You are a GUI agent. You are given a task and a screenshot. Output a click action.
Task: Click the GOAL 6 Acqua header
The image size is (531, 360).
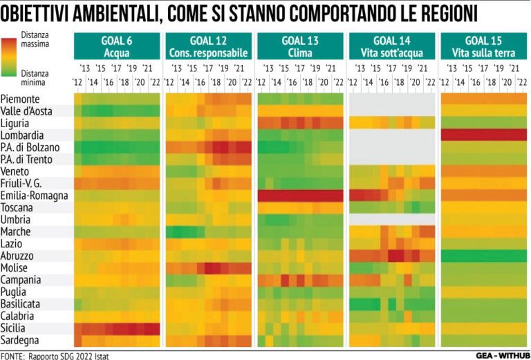click(x=117, y=46)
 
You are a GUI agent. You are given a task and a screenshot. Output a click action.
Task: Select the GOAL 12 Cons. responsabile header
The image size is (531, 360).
click(x=208, y=46)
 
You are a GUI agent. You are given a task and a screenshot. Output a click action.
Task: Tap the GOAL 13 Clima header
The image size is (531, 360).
click(x=300, y=46)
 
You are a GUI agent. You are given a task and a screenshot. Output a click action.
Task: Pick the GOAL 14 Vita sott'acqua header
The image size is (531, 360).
click(x=392, y=46)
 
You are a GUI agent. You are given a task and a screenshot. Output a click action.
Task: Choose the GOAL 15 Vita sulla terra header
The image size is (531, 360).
click(x=483, y=46)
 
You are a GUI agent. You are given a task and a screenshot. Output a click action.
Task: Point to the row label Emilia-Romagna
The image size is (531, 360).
click(x=35, y=196)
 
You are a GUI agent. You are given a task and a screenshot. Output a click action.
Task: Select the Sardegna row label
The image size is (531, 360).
click(x=21, y=340)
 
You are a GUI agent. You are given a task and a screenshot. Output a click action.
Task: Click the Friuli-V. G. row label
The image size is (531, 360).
click(x=26, y=183)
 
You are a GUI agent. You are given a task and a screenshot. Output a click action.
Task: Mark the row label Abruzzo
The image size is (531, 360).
click(x=20, y=256)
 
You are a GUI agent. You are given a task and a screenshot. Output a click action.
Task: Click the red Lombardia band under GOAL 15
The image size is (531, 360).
click(x=483, y=135)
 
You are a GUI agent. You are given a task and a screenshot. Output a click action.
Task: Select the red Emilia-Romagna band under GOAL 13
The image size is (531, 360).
click(x=300, y=196)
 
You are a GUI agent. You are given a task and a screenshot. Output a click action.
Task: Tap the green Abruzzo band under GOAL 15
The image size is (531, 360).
click(x=483, y=256)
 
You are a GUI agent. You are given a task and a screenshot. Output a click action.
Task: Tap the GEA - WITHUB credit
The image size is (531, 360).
click(x=501, y=355)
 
